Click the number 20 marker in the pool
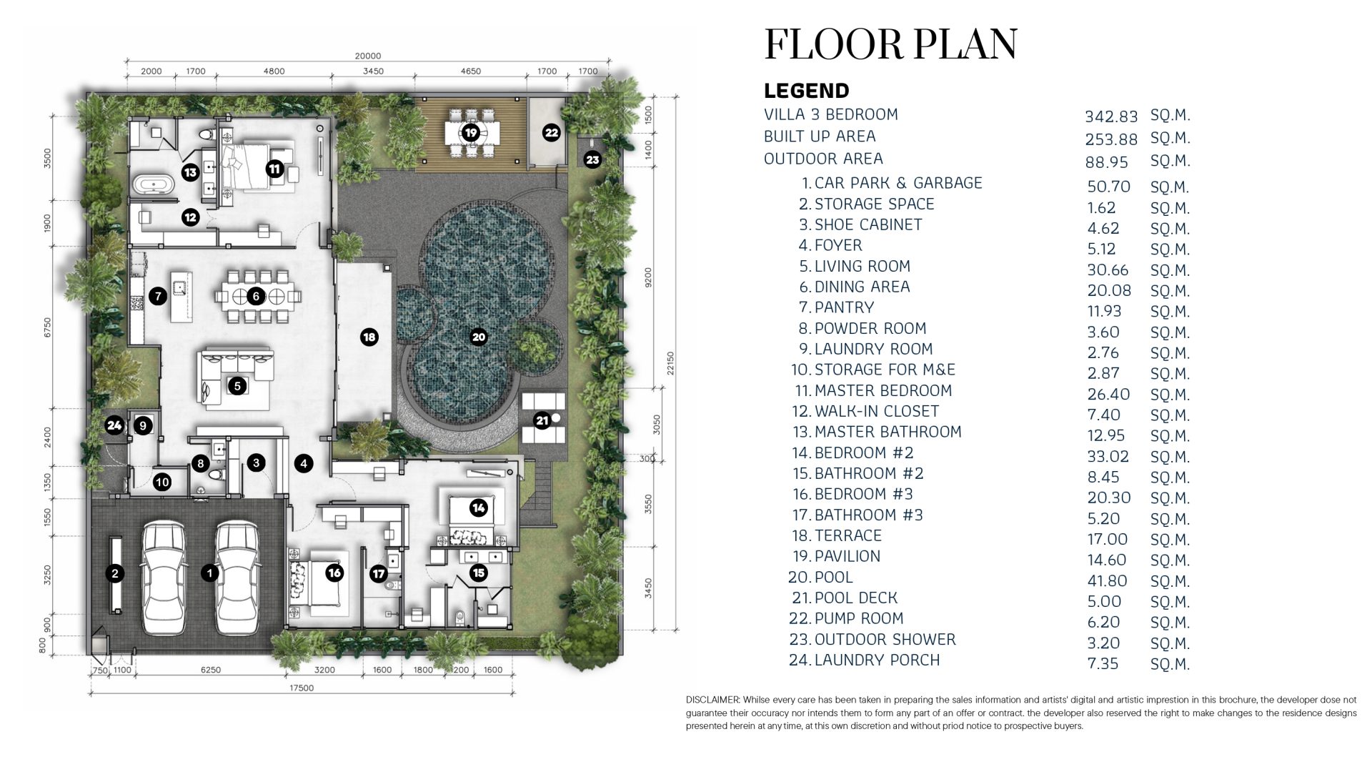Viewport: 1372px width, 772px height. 479,337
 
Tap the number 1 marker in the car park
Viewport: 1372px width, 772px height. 209,573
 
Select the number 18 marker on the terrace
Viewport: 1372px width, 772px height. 369,337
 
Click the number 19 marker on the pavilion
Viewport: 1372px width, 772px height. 470,132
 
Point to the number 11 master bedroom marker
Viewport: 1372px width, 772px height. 274,169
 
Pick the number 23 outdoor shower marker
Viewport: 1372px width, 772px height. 592,159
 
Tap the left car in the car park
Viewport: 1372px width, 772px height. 164,578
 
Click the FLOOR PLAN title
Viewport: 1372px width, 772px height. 890,44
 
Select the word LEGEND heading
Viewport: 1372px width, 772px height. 807,91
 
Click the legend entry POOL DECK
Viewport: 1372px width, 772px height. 856,598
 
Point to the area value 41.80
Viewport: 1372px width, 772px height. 1107,581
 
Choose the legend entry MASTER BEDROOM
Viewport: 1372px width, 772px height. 883,390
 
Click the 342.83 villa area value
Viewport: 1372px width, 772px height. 1111,117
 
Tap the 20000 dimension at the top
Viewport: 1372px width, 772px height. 368,56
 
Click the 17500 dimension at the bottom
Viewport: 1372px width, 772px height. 302,688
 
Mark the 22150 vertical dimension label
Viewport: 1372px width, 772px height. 670,363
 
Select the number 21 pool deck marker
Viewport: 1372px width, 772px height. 542,420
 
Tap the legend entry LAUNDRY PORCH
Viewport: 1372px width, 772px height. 878,660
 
